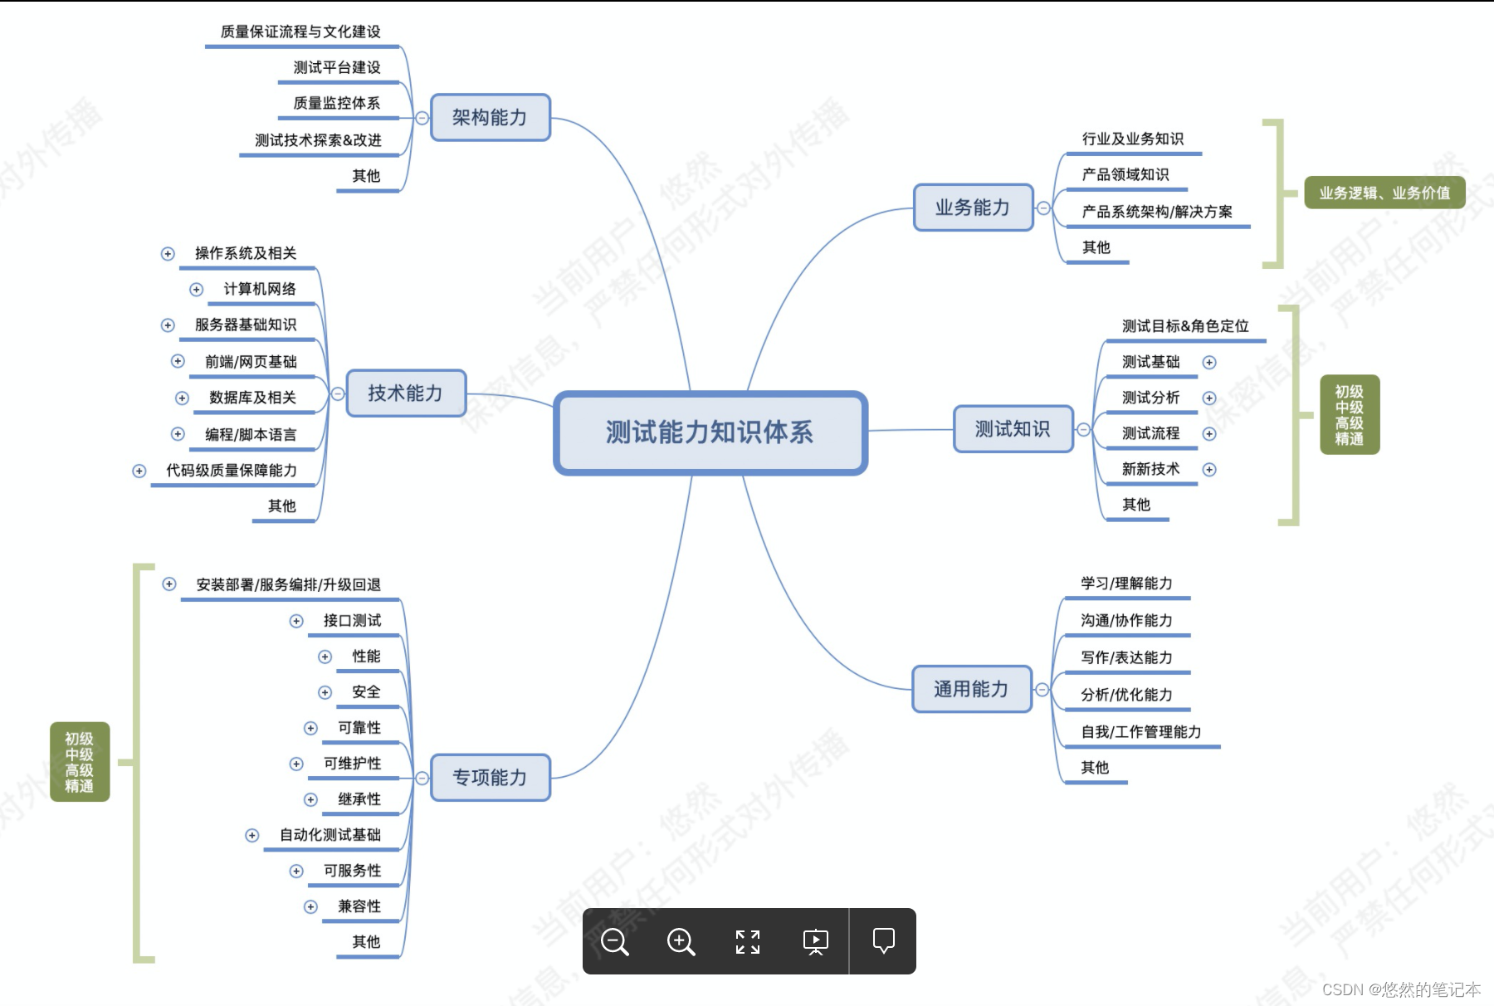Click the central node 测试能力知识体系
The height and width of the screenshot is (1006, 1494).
(x=710, y=432)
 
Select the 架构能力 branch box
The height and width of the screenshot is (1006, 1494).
(x=490, y=118)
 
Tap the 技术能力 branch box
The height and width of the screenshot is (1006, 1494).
(x=405, y=393)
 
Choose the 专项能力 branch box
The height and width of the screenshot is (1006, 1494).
(x=490, y=778)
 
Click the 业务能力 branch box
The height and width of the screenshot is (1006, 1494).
(x=973, y=208)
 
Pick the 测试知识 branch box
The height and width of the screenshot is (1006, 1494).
(x=1013, y=429)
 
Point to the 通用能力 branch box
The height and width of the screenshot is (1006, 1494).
(x=971, y=689)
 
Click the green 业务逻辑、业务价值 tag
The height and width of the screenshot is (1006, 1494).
(x=1384, y=193)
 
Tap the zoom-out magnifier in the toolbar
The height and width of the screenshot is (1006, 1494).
(x=615, y=942)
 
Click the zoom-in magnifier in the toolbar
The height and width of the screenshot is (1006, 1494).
(x=681, y=942)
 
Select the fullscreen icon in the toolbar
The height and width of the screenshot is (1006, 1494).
(x=748, y=942)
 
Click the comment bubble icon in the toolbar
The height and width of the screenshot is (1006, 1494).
(x=884, y=940)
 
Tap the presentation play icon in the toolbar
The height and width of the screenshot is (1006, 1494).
(x=816, y=941)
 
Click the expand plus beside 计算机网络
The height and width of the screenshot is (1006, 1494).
(x=197, y=290)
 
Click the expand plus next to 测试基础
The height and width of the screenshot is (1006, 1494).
(x=1209, y=363)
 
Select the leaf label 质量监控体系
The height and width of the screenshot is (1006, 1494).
(x=336, y=103)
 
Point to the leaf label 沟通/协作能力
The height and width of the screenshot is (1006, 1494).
(x=1126, y=621)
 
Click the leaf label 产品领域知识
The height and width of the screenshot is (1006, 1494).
(x=1125, y=174)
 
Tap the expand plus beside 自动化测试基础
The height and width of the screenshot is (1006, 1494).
(x=252, y=836)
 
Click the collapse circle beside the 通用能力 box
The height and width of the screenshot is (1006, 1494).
(x=1042, y=690)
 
